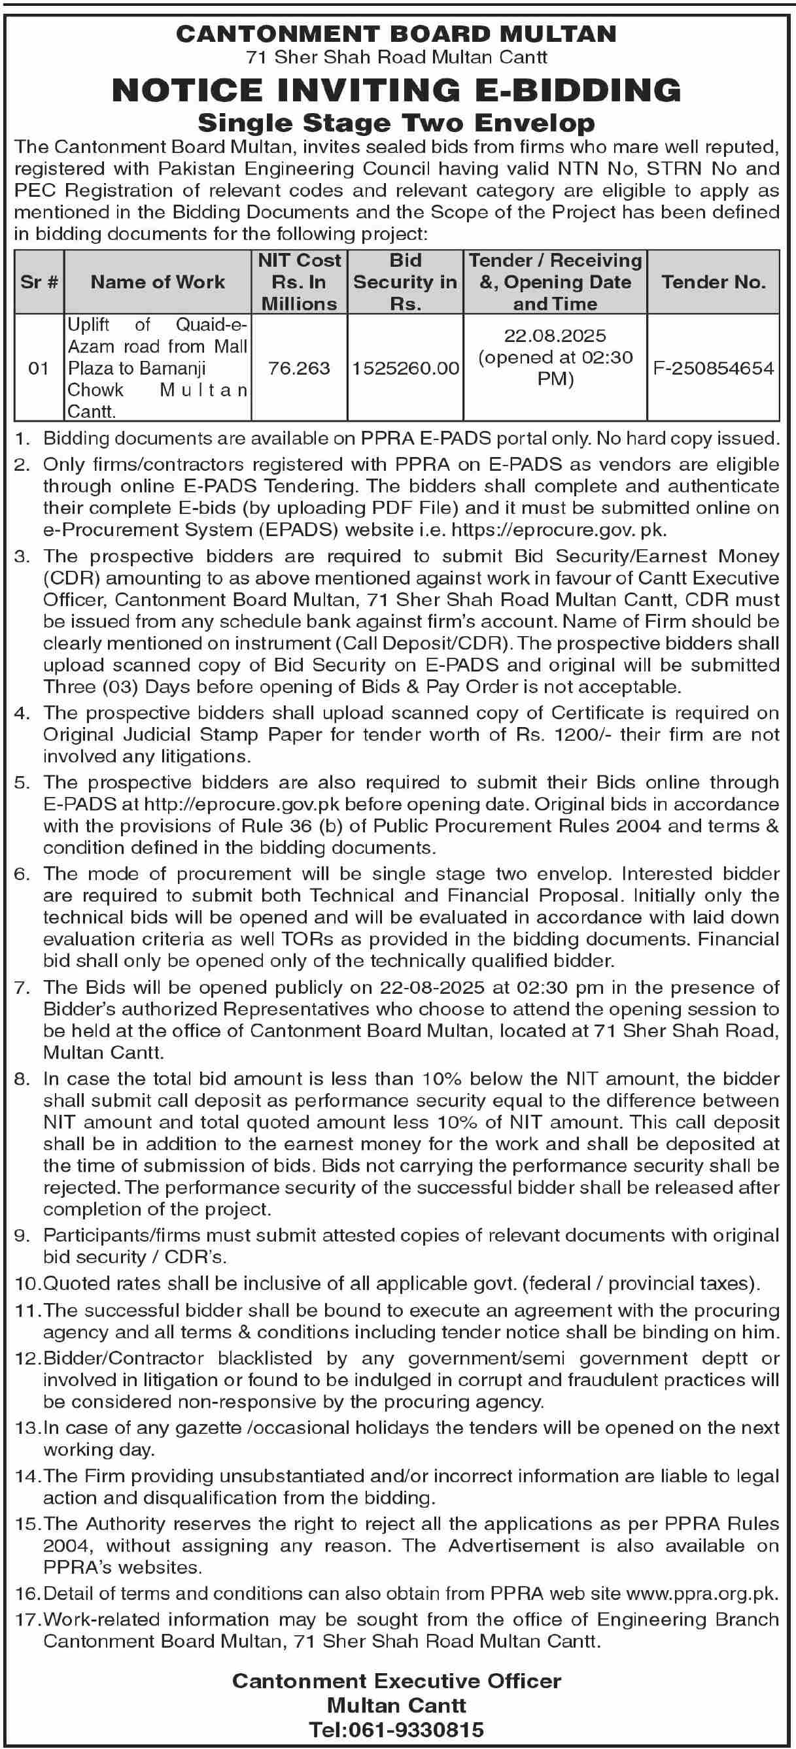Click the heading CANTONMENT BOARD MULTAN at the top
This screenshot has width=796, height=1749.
tap(396, 34)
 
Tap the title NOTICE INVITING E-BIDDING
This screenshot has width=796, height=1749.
tap(396, 90)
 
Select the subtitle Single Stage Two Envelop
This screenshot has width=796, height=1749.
tap(396, 123)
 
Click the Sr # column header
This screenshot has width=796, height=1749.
tap(39, 282)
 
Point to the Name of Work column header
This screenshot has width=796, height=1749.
tap(158, 282)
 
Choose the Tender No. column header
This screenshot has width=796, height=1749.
tap(713, 282)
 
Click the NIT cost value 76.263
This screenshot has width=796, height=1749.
tap(299, 368)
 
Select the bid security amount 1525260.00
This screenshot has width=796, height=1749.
tap(406, 368)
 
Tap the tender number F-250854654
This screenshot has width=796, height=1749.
tap(713, 368)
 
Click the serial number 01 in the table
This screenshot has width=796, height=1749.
tap(39, 368)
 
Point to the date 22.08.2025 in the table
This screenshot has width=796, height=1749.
tap(555, 335)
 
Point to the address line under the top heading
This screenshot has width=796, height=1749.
tap(396, 57)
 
